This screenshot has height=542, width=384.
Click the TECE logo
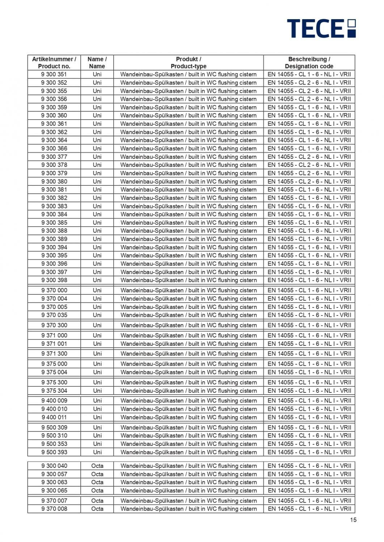tap(321, 28)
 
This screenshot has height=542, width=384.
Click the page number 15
tap(353, 520)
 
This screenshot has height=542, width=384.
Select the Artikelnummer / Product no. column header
tap(54, 63)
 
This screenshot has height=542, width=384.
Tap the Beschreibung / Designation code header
tap(309, 63)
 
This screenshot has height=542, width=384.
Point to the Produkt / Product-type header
tap(188, 63)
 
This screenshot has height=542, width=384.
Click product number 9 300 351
tap(54, 74)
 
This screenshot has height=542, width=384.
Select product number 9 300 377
tap(54, 157)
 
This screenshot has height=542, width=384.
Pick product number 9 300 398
tap(54, 280)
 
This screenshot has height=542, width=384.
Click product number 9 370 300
tap(54, 325)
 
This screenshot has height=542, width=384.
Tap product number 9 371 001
tap(54, 344)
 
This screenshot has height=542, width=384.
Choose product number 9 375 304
tap(54, 391)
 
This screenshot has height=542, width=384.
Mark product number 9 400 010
tap(54, 409)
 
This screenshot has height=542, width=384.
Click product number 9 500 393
tap(54, 452)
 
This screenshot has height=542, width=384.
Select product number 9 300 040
tap(54, 466)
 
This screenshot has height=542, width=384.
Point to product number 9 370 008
tap(54, 509)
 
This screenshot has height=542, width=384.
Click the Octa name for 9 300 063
tap(97, 482)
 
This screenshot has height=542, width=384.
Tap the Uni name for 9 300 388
tap(97, 231)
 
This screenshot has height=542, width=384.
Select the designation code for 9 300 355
tap(309, 91)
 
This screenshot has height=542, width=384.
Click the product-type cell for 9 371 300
tap(188, 354)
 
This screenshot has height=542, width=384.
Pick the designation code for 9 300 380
tap(309, 181)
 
